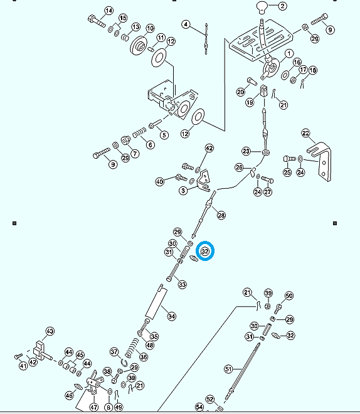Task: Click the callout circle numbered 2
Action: pyautogui.click(x=282, y=6)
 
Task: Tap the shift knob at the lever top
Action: pyautogui.click(x=262, y=7)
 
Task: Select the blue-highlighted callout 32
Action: pyautogui.click(x=205, y=251)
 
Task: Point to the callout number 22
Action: pyautogui.click(x=305, y=134)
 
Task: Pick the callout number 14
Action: pyautogui.click(x=109, y=11)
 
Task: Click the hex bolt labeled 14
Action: pyautogui.click(x=97, y=21)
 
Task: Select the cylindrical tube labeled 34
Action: pyautogui.click(x=156, y=302)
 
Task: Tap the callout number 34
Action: pyautogui.click(x=172, y=316)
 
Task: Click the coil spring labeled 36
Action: pyautogui.click(x=132, y=348)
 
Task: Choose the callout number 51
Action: pyautogui.click(x=228, y=369)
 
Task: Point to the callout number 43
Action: pyautogui.click(x=50, y=331)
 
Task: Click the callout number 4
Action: pyautogui.click(x=186, y=24)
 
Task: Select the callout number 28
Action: pyautogui.click(x=221, y=215)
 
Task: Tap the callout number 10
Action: pyautogui.click(x=150, y=28)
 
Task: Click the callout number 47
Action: pyautogui.click(x=94, y=407)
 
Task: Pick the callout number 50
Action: pyautogui.click(x=289, y=295)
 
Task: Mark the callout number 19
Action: pyautogui.click(x=250, y=102)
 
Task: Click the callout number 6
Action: pyautogui.click(x=151, y=145)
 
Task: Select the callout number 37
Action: pyautogui.click(x=114, y=352)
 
